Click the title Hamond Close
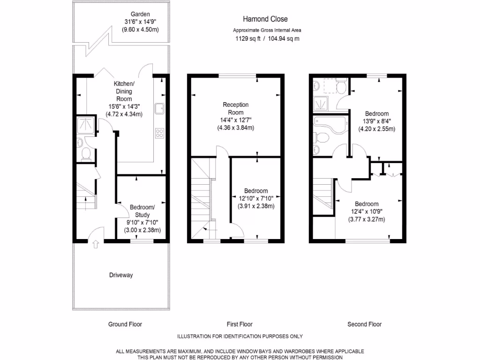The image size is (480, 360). (265, 19)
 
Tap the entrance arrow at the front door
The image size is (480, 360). (96, 244)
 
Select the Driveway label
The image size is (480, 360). (121, 275)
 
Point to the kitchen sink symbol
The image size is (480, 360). (160, 108)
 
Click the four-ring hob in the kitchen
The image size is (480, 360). (160, 133)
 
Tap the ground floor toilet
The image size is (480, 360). (86, 153)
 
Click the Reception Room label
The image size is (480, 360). (235, 108)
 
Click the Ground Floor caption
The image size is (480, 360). (125, 324)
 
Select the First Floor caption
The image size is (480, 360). (240, 324)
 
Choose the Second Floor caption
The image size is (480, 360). (364, 324)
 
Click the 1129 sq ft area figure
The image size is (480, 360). (248, 39)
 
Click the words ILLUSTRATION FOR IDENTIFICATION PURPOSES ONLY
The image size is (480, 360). (240, 336)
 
